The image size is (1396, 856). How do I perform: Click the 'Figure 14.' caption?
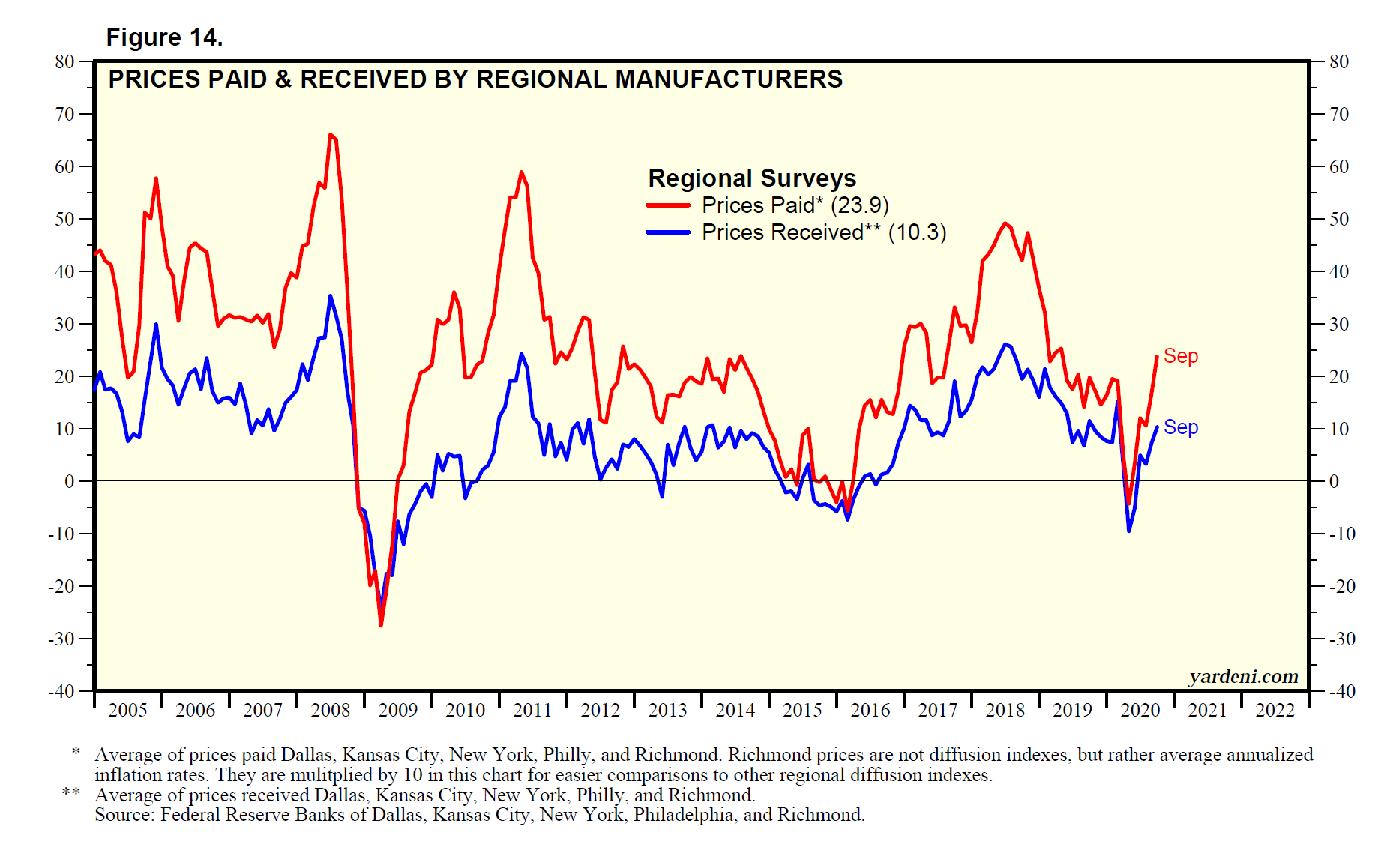164,37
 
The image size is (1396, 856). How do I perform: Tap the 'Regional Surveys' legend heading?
751,178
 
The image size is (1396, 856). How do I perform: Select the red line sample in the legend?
667,205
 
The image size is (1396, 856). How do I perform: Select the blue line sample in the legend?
667,232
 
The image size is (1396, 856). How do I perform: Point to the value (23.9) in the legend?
860,205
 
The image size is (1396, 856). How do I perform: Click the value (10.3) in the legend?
917,232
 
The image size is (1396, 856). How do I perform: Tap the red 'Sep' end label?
1180,356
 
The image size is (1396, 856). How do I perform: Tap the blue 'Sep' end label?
1180,427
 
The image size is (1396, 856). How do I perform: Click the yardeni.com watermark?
1243,676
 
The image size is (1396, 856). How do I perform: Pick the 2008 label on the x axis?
330,710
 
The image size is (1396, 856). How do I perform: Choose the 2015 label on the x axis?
802,710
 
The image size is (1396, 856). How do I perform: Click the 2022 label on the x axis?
1275,710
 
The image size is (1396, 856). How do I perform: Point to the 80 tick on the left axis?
65,62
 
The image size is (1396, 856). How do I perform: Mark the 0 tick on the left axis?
70,481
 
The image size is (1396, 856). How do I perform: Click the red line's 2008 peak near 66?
331,135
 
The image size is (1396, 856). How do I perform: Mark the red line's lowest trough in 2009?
381,625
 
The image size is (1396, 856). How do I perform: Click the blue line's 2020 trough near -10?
1128,531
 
